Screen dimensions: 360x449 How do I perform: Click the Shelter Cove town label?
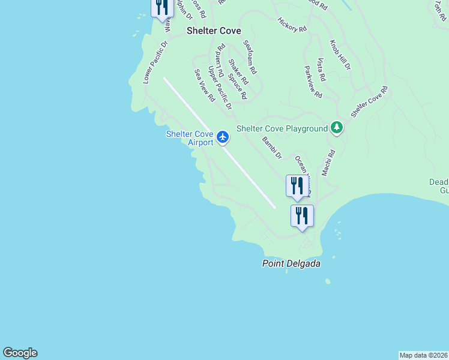pyautogui.click(x=214, y=31)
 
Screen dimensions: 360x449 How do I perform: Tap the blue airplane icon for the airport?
pyautogui.click(x=223, y=137)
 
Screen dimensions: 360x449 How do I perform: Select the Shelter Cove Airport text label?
pyautogui.click(x=190, y=138)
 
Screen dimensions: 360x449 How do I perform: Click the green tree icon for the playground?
pyautogui.click(x=337, y=128)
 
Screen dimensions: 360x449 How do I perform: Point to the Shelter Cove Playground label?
pyautogui.click(x=282, y=128)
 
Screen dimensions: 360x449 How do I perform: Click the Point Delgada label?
pyautogui.click(x=291, y=264)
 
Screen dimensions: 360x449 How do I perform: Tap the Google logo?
pyautogui.click(x=20, y=353)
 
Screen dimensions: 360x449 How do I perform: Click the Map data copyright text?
pyautogui.click(x=424, y=355)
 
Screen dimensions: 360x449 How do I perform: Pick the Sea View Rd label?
pyautogui.click(x=204, y=85)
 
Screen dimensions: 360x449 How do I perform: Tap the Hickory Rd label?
pyautogui.click(x=292, y=25)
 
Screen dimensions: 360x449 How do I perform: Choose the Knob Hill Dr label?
pyautogui.click(x=340, y=55)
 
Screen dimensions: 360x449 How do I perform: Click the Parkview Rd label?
pyautogui.click(x=313, y=82)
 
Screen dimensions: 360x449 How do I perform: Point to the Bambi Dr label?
pyautogui.click(x=272, y=148)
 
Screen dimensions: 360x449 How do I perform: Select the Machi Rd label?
pyautogui.click(x=327, y=163)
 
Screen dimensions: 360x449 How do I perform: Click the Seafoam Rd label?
pyautogui.click(x=250, y=57)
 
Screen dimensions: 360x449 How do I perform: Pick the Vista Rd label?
pyautogui.click(x=321, y=70)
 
